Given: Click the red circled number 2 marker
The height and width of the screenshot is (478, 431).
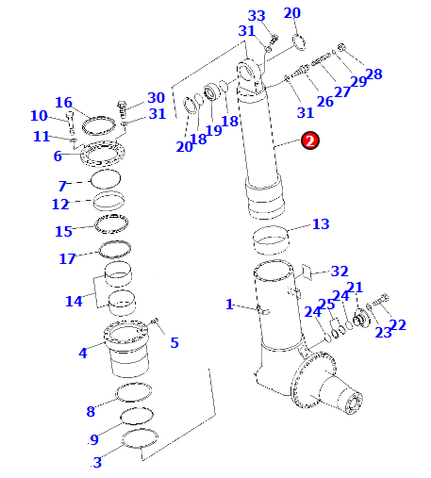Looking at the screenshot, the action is pos(310,140).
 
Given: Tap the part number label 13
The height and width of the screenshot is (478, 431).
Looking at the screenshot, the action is pos(321,224).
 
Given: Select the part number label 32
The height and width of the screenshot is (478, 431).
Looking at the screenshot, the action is pos(340,272).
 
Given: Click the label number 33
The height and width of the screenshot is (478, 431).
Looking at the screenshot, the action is pos(257,16).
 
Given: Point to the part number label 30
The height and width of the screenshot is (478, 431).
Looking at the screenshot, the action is pos(157,98).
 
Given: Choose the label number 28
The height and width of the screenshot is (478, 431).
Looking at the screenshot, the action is pos(373,74).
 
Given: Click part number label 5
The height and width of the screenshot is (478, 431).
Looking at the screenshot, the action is pos(174,342).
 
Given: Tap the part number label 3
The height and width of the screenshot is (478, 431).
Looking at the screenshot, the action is pos(97,462).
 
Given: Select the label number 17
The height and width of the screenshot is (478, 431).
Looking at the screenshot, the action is pos(67,259).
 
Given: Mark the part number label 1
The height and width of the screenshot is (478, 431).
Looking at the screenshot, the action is pos(229,305).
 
